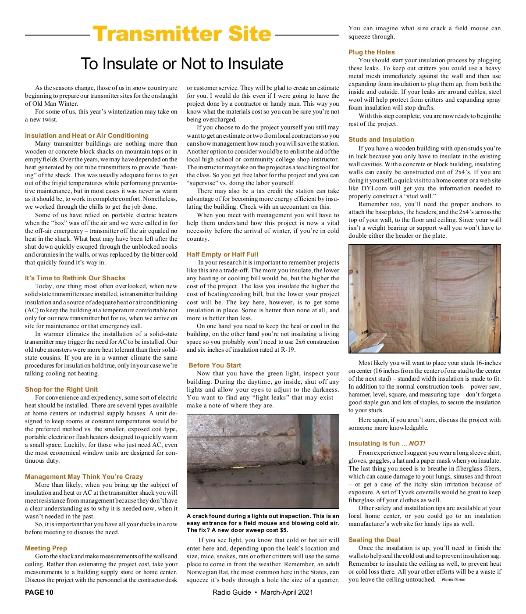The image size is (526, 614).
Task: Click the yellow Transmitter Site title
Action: tap(182, 34)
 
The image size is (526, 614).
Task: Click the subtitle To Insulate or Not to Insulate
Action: tap(182, 64)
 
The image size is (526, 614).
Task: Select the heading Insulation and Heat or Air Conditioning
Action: tap(87, 136)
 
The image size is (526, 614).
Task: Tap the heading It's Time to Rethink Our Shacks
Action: tap(75, 278)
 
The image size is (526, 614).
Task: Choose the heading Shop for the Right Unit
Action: tap(61, 389)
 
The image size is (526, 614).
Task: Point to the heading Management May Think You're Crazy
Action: tap(84, 477)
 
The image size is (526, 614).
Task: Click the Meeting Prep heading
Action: tap(46, 548)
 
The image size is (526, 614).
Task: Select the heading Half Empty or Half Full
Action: tap(222, 254)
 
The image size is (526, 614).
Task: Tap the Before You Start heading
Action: tap(215, 365)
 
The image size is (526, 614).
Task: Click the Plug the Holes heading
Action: tap(372, 52)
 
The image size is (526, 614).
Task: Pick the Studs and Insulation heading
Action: tap(381, 139)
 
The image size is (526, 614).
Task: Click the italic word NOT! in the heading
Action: tap(417, 443)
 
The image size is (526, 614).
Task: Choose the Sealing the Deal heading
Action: tap(374, 540)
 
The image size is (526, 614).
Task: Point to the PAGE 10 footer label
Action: tap(39, 593)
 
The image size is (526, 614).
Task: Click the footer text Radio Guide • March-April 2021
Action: tap(263, 593)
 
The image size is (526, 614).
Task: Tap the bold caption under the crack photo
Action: tap(263, 523)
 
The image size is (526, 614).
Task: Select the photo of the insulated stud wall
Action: tap(424, 299)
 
